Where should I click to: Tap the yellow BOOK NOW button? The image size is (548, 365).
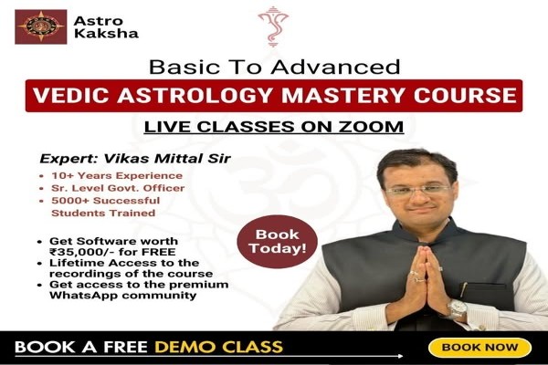point(479,348)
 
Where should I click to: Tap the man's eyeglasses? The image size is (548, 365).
point(416,190)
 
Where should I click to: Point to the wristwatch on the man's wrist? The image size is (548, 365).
point(458,309)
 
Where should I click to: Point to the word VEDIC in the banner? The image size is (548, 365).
point(64,95)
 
